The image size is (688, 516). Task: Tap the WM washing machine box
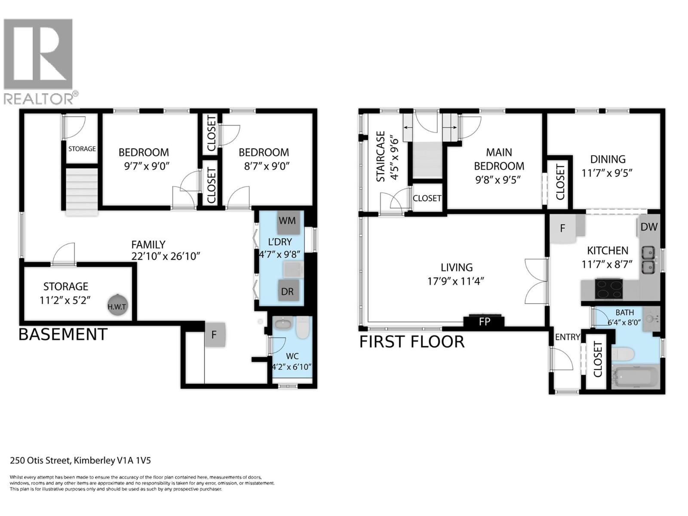[x=287, y=221]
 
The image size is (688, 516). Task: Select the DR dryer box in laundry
[x=287, y=292]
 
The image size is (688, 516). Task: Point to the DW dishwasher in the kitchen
[x=649, y=227]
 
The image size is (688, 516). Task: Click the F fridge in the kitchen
[x=563, y=228]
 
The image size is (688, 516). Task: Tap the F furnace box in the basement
[x=215, y=335]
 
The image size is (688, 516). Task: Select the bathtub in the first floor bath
[x=636, y=377]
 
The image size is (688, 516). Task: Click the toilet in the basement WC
[x=303, y=328]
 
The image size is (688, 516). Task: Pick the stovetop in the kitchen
[x=608, y=289]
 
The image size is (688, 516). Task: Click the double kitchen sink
[x=648, y=260]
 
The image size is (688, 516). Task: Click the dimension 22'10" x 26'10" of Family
[x=166, y=256]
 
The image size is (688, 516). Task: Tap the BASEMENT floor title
[x=63, y=334]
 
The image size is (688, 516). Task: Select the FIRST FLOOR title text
[x=412, y=342]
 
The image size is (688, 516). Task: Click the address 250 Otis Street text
[x=80, y=461]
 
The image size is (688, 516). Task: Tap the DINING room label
[x=608, y=159]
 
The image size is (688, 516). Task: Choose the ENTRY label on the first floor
[x=567, y=337]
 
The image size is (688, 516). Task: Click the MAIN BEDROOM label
[x=499, y=159]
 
